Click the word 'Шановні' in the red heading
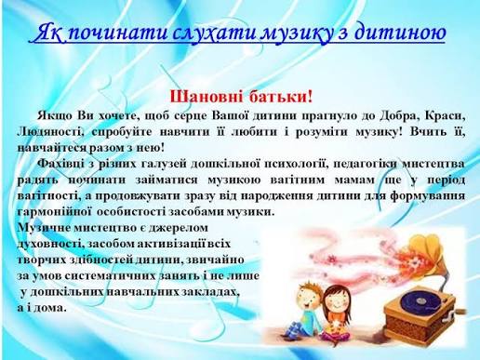coord(208,95)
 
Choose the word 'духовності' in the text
coord(52,243)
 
